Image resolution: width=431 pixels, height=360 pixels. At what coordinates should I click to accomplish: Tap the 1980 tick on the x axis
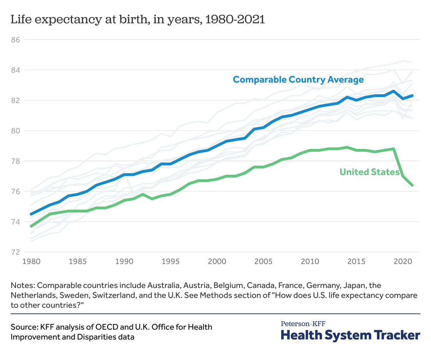31,262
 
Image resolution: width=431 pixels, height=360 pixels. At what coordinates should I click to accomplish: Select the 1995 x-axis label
170,262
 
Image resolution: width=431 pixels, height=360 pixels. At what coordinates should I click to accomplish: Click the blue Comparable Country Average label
298,79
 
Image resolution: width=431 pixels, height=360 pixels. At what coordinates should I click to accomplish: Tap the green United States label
369,172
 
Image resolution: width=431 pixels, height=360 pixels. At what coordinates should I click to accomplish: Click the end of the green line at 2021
412,185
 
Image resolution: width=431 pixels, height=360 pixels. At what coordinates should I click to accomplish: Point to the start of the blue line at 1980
31,214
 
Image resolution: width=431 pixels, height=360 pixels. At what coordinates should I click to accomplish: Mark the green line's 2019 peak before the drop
393,149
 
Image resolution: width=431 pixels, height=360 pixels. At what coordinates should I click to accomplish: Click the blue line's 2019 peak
393,91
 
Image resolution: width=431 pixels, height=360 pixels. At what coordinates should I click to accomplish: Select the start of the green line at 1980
31,226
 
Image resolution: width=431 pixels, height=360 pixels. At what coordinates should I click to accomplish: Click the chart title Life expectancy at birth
138,19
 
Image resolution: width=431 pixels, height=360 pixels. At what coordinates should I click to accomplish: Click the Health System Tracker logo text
350,335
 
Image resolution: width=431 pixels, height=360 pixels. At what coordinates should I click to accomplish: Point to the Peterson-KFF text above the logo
303,323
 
